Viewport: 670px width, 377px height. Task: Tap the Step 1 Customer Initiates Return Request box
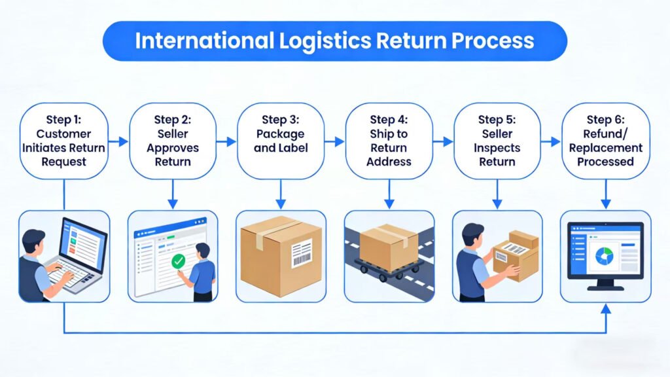click(x=63, y=141)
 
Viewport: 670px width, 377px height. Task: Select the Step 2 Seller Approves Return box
click(x=172, y=141)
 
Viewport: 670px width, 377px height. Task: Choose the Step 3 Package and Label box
click(x=280, y=141)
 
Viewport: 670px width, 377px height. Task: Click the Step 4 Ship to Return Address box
click(x=389, y=141)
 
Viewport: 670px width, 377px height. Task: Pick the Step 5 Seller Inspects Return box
click(x=497, y=141)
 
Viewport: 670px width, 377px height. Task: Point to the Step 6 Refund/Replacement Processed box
click(x=605, y=141)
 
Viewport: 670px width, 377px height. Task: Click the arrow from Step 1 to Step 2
click(x=118, y=141)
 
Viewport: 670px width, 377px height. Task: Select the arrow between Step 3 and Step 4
click(x=334, y=141)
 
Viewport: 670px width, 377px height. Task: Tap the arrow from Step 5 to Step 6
click(x=551, y=141)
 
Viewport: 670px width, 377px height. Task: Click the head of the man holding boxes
click(x=474, y=234)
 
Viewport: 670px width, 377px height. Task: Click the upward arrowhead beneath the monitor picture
click(x=605, y=308)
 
